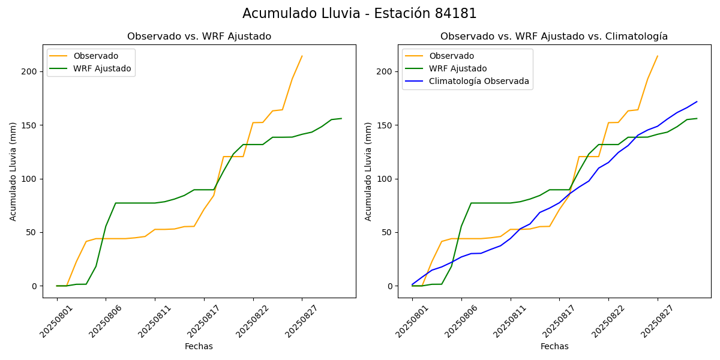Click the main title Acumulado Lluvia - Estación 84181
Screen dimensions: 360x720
coord(359,13)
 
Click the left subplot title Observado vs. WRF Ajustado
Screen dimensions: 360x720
coord(199,37)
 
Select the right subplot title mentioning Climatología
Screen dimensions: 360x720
coord(554,37)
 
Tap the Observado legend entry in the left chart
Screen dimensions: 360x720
coord(96,56)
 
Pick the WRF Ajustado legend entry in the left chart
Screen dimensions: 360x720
coord(102,68)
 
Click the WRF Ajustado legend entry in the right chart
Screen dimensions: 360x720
coord(458,68)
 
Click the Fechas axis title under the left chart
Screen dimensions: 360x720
coord(199,346)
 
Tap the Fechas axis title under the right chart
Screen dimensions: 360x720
coord(554,346)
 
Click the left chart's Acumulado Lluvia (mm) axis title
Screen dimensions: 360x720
coord(13,172)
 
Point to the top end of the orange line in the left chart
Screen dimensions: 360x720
coord(302,56)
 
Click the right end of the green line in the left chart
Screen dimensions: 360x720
coord(341,118)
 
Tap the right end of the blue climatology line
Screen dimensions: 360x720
coord(697,102)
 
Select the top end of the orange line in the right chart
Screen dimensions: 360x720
coord(658,56)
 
